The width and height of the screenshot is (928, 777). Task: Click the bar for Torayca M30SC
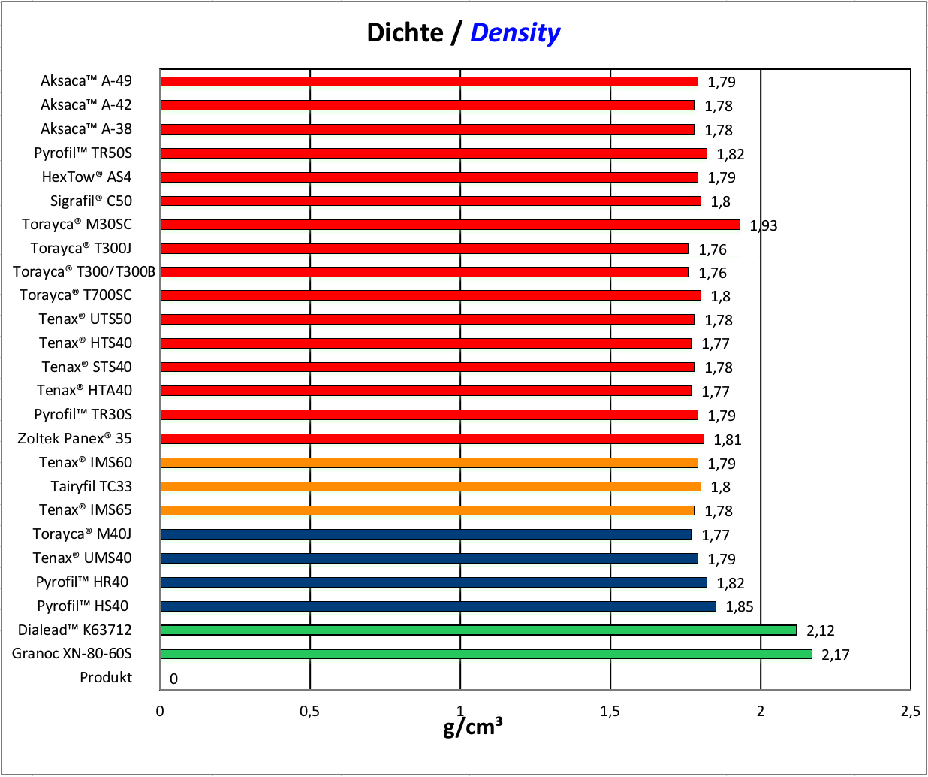(x=450, y=225)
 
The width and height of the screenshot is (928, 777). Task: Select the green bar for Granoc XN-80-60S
(x=486, y=654)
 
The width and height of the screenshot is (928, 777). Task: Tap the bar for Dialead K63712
(x=478, y=630)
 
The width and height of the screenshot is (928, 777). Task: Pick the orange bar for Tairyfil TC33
(x=430, y=486)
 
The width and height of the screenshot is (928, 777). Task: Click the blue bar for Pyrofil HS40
(x=438, y=606)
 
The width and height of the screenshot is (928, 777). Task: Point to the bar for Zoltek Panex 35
(x=432, y=438)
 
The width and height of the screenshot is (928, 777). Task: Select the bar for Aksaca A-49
(x=429, y=81)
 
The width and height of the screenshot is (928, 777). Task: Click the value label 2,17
(x=835, y=655)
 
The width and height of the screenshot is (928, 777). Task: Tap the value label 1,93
(x=764, y=225)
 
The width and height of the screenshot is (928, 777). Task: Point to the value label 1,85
(x=739, y=606)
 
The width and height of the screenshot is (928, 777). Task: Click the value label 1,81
(x=727, y=440)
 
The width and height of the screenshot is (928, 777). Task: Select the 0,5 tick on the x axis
(x=309, y=711)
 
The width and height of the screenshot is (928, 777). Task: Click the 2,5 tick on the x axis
(x=910, y=711)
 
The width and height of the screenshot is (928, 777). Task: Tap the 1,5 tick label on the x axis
(x=610, y=711)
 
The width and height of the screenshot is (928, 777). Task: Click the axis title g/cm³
(x=472, y=727)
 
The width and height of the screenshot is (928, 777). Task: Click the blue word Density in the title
(x=515, y=32)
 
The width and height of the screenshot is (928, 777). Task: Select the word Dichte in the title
(x=405, y=32)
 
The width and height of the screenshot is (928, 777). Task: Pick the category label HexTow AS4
(x=86, y=177)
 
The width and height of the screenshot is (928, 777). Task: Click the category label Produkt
(x=106, y=677)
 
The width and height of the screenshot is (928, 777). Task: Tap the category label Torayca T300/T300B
(x=84, y=271)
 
